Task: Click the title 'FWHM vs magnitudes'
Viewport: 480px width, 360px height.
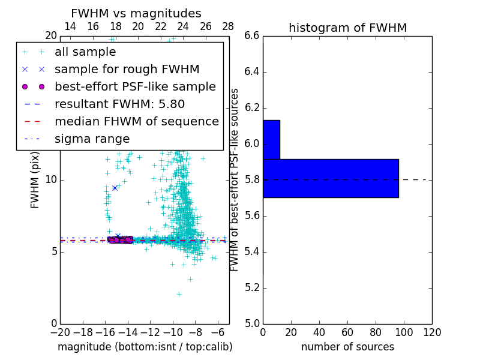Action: [x=136, y=13]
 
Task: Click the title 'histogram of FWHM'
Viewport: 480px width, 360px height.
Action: [x=347, y=28]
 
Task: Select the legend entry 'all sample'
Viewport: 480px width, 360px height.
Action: [x=85, y=52]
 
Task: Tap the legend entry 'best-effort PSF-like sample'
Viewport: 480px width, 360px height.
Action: [x=135, y=86]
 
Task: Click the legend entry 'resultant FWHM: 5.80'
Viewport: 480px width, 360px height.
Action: [x=119, y=104]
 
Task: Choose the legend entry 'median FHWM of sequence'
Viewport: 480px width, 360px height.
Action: [x=136, y=121]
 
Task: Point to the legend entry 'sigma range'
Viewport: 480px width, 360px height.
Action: [x=92, y=139]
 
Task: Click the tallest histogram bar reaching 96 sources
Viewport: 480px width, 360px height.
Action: [x=331, y=178]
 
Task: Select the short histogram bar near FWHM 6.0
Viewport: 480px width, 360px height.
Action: [x=271, y=140]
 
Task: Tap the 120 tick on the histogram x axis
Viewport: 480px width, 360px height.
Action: [x=431, y=332]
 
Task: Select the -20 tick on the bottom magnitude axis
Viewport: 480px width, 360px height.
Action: [x=60, y=332]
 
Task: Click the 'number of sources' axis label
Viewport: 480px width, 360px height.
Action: [x=347, y=347]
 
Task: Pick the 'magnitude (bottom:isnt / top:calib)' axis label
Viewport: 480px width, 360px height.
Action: [x=145, y=347]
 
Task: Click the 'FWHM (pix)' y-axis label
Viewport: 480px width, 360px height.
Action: [x=35, y=179]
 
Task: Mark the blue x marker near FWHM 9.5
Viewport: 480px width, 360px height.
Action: [x=115, y=188]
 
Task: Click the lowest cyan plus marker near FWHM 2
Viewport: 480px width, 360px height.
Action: [x=179, y=294]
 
